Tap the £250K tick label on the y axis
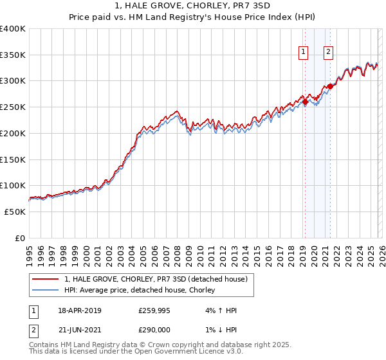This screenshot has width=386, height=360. [13, 107]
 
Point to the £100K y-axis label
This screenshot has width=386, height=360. [13, 185]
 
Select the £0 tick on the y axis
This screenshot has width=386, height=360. [19, 238]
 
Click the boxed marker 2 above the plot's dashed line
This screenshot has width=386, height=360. [328, 53]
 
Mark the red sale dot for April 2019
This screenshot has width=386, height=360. [304, 101]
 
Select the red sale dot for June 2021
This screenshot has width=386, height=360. [329, 86]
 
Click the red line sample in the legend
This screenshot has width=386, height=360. [46, 279]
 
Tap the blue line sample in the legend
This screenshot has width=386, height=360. [46, 291]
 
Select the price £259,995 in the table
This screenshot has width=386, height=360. [153, 310]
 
